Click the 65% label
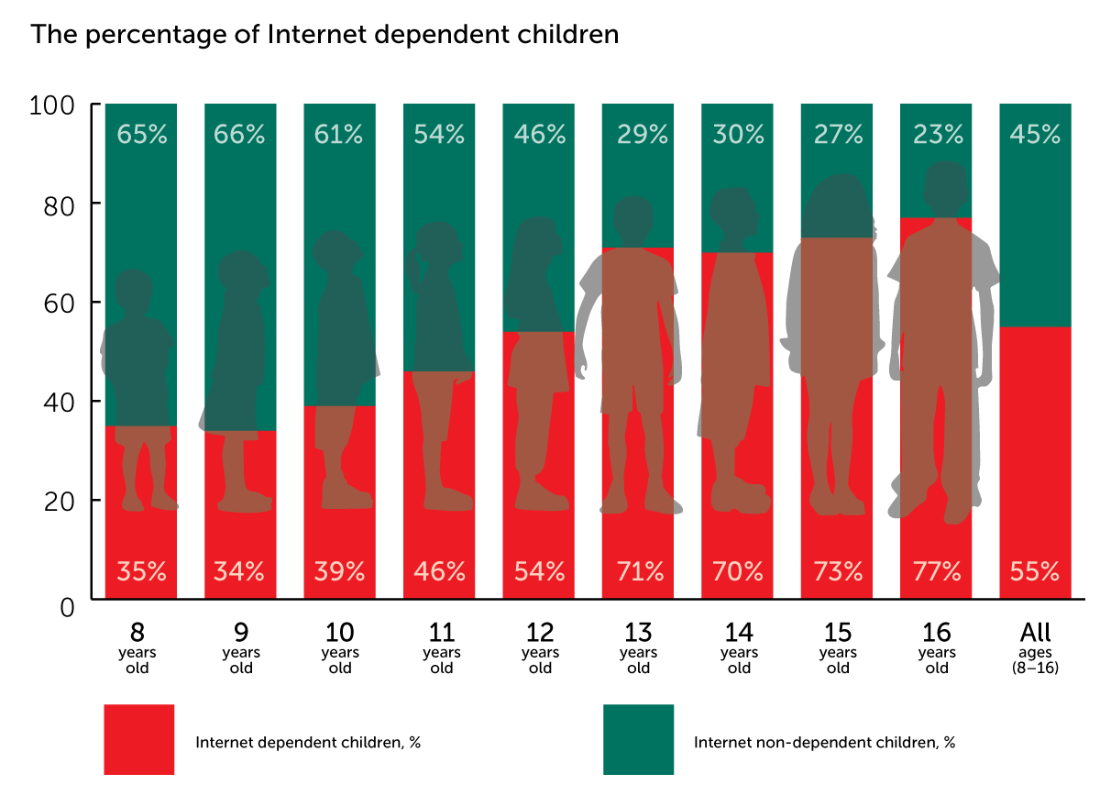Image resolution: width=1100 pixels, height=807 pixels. (x=141, y=135)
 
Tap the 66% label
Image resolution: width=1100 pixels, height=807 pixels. (x=239, y=135)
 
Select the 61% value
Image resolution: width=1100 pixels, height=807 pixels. (x=338, y=135)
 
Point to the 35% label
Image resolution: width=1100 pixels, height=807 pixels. (x=141, y=572)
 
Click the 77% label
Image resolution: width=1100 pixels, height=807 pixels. (x=936, y=572)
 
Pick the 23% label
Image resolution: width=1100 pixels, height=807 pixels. (x=938, y=135)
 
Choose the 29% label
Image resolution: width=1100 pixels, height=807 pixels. (x=642, y=135)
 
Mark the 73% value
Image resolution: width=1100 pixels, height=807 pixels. (x=838, y=572)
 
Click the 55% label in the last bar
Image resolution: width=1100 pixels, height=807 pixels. (x=1035, y=572)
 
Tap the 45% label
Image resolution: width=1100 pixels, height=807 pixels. (x=1035, y=135)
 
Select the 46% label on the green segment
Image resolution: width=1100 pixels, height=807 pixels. (x=539, y=135)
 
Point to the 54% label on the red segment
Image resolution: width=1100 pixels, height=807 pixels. (x=539, y=572)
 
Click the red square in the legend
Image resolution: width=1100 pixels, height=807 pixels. (x=139, y=739)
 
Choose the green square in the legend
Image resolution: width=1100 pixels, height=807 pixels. (x=639, y=739)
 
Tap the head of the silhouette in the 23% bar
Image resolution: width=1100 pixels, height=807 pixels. (x=946, y=186)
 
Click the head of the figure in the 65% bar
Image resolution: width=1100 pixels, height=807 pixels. (x=134, y=290)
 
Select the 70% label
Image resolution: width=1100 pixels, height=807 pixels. (x=738, y=572)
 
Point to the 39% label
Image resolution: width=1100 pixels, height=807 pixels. (x=339, y=572)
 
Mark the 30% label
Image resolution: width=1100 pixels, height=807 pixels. (x=738, y=135)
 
